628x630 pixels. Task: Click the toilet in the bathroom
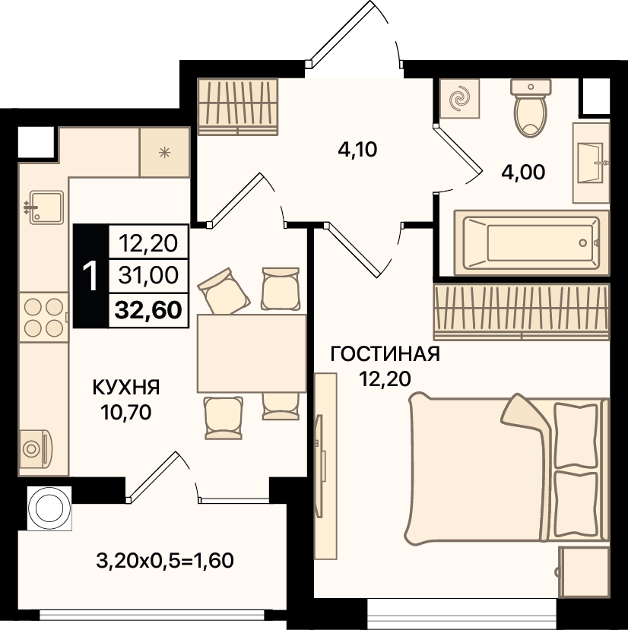click(531, 108)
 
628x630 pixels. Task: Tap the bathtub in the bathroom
click(531, 242)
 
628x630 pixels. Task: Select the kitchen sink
click(45, 207)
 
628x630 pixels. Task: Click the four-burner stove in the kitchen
click(43, 318)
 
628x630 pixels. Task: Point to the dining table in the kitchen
click(252, 353)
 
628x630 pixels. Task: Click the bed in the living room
click(507, 468)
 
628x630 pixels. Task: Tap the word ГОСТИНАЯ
click(385, 354)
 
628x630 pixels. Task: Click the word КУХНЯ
click(126, 388)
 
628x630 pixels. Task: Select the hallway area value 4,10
click(357, 150)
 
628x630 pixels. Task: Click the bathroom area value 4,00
click(523, 173)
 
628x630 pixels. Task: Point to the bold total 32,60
click(148, 310)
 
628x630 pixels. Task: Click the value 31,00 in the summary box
click(148, 276)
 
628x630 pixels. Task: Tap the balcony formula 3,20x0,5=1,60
click(165, 561)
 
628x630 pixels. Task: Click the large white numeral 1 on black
click(90, 276)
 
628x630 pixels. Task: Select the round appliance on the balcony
click(49, 508)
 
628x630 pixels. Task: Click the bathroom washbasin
click(591, 163)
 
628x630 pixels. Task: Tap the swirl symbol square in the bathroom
click(459, 98)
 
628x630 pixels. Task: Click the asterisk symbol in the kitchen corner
click(164, 152)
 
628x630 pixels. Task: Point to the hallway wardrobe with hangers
click(238, 106)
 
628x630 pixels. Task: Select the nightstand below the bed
click(584, 571)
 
